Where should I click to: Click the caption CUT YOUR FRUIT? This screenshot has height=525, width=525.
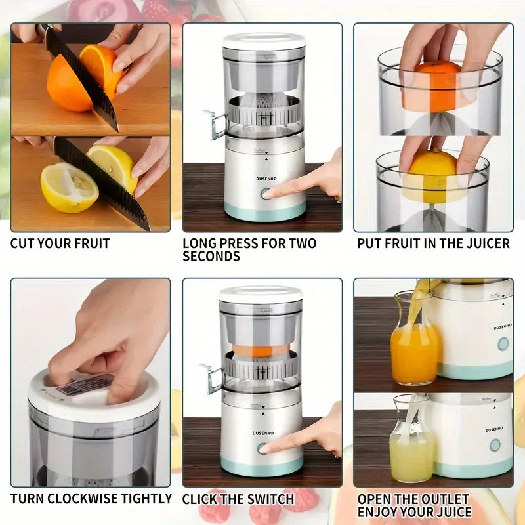[60, 243]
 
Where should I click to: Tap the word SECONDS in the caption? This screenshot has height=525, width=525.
[211, 257]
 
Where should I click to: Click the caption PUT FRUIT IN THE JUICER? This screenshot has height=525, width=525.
[433, 243]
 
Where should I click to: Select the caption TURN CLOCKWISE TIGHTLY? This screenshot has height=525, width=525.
[91, 499]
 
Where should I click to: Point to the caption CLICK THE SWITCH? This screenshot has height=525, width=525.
[238, 499]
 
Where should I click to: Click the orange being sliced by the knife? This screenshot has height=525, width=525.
[72, 82]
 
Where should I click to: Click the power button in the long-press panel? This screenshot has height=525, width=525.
[266, 194]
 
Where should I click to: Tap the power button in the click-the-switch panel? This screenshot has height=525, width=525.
[262, 448]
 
